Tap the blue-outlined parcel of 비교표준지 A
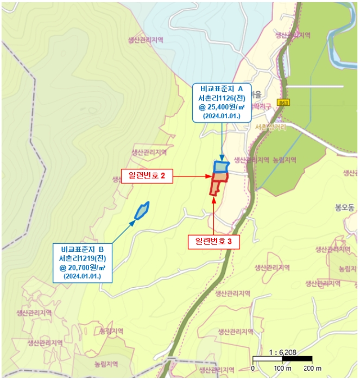coord(222,166)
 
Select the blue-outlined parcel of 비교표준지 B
coord(142,210)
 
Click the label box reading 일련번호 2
coord(147,176)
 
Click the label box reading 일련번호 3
coord(214,242)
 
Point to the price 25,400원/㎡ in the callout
coord(224,107)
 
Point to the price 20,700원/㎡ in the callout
coord(83,268)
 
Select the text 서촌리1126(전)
coord(224,98)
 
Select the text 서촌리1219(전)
coord(83,258)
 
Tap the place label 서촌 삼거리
coord(269,127)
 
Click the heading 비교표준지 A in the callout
coord(224,88)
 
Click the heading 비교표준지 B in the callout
coord(83,249)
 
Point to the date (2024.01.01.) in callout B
coord(83,276)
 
